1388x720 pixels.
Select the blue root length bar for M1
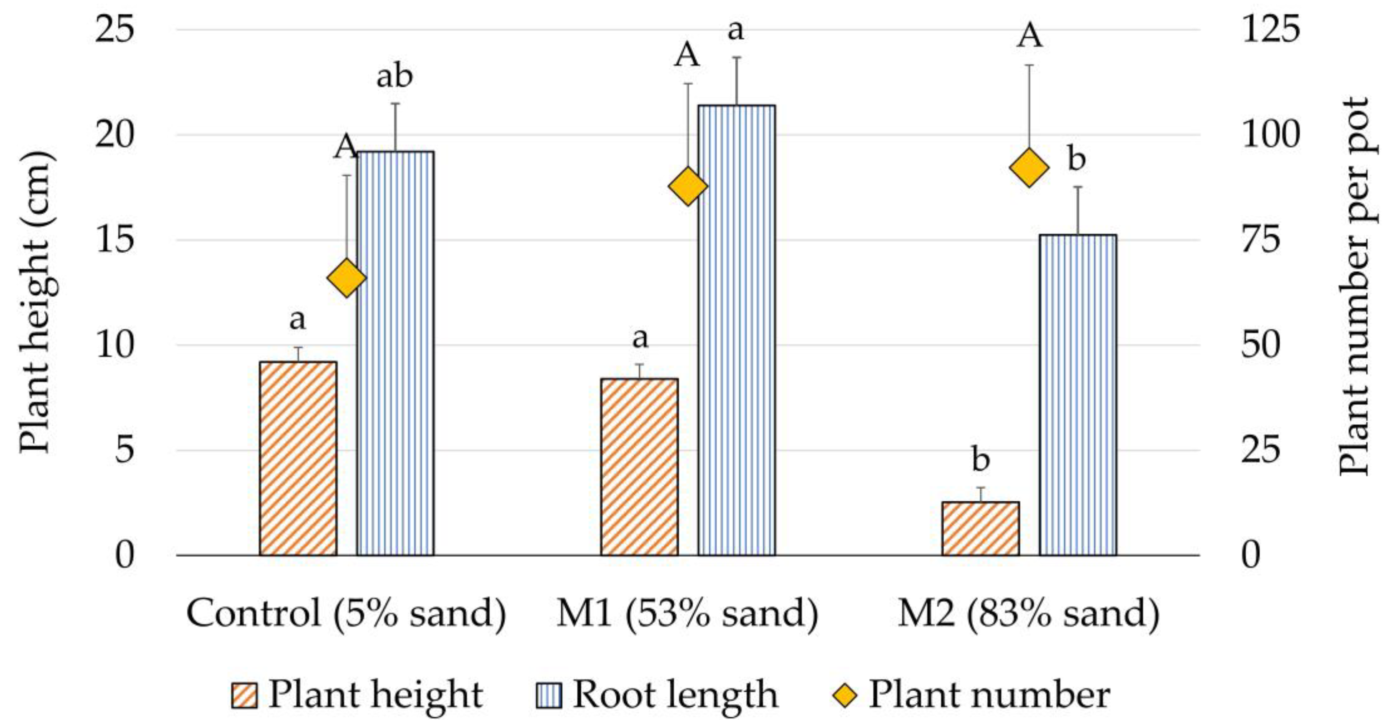coord(736,330)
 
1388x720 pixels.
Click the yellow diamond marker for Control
coord(346,278)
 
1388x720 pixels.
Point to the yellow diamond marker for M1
coord(688,186)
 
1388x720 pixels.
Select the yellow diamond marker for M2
coord(1029,168)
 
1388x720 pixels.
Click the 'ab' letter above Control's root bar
coord(394,76)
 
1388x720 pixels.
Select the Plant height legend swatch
coord(244,695)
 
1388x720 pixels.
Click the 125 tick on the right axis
coord(1270,29)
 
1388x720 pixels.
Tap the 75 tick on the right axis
coord(1261,240)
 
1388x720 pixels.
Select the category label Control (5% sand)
coord(346,614)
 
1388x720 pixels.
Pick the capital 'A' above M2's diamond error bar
coord(1029,37)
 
